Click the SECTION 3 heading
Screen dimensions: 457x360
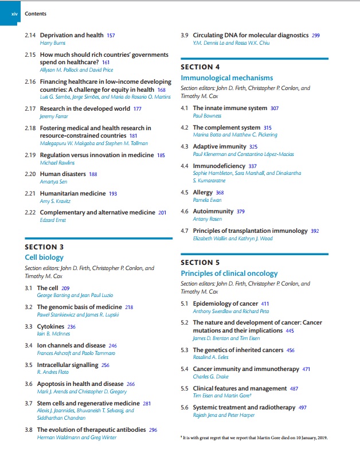pos(44,247)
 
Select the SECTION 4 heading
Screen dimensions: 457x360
pos(200,67)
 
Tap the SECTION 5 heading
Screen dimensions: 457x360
pos(200,263)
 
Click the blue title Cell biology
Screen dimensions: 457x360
pos(44,257)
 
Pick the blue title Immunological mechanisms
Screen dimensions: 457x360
pos(226,78)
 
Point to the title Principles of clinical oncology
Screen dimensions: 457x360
pos(229,274)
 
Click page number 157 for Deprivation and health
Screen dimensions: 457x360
pos(111,36)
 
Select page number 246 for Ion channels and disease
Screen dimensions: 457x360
pos(112,346)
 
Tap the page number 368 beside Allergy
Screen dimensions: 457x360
pos(220,193)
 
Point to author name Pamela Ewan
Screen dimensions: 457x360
pos(208,200)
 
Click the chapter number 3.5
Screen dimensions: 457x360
pos(29,365)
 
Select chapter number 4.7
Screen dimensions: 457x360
pos(185,231)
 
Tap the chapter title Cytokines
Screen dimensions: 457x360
pos(50,326)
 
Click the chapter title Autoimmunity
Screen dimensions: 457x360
pos(213,212)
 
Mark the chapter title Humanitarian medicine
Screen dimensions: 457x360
pos(72,194)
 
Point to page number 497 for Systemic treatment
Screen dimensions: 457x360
pos(303,408)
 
